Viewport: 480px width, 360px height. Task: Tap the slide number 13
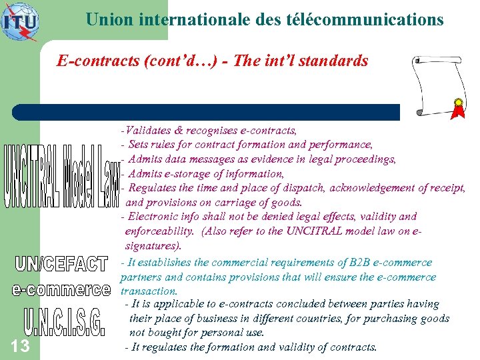(20, 345)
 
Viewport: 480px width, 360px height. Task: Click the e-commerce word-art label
(61, 290)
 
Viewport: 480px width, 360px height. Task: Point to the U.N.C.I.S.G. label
(64, 322)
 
